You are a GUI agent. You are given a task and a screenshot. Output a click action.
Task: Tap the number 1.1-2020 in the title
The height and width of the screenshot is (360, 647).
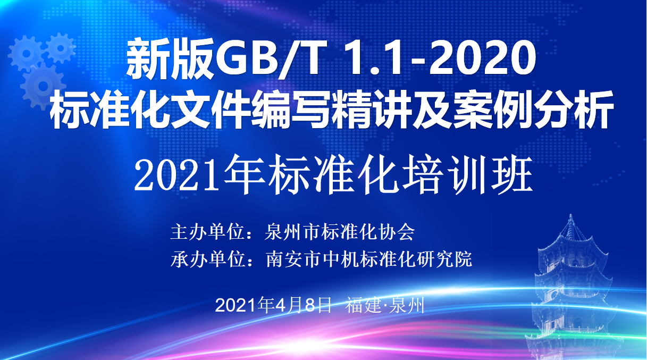coord(439,60)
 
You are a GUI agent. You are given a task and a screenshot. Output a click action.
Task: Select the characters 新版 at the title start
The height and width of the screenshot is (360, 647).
coord(171,60)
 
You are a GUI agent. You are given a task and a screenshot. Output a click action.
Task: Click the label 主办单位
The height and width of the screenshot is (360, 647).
coord(207,232)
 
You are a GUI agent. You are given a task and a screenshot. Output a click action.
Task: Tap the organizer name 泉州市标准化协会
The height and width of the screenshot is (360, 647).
coord(340,232)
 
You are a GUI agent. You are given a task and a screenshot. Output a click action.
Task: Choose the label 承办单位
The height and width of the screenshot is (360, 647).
coord(208,259)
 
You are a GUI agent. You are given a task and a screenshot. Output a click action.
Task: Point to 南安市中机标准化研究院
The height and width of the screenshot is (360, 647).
coord(369,259)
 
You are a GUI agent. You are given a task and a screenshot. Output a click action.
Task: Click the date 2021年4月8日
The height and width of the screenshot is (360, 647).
coord(273,305)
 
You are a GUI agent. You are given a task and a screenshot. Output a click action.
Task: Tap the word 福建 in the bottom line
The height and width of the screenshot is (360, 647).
coord(363,305)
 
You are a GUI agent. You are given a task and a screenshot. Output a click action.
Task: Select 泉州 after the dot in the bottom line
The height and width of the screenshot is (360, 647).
coord(407,305)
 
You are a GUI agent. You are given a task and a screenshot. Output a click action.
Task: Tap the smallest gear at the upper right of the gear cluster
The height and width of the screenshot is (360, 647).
coord(61,48)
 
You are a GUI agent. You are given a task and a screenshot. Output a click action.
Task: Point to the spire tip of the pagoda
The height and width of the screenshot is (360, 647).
coord(570,215)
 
